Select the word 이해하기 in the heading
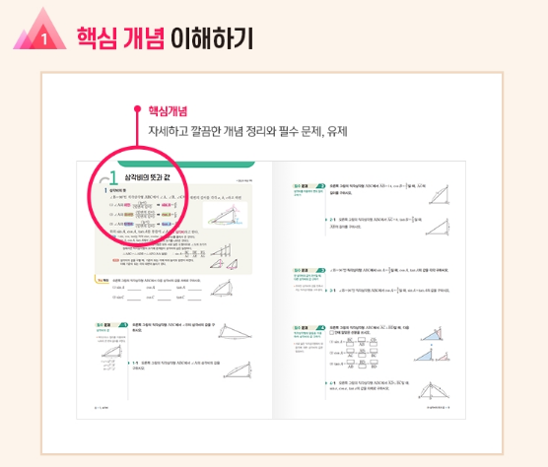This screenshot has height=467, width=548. (x=211, y=37)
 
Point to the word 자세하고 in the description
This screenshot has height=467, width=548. (x=169, y=130)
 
